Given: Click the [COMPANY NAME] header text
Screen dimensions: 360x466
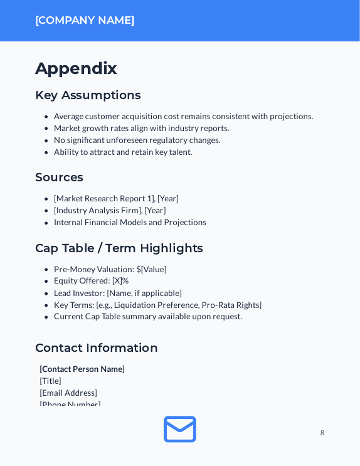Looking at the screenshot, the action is coord(85,20).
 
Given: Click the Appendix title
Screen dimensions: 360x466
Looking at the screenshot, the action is coord(76,68).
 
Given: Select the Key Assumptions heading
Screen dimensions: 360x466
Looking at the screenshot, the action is coord(88,95).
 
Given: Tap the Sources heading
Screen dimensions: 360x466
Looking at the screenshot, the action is coord(59,177).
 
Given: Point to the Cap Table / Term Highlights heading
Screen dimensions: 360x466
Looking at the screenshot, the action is coord(119,248).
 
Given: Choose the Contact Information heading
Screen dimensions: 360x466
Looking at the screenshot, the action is coord(96,348).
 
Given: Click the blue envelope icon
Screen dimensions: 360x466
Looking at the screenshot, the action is coord(180,430).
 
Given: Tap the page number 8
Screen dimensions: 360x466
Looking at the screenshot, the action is coord(322,433).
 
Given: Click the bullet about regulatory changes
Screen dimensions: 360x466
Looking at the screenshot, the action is coord(137,140).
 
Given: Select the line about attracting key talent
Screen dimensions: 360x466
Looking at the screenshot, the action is coord(123,152).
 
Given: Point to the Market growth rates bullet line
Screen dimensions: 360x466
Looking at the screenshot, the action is coord(141,128).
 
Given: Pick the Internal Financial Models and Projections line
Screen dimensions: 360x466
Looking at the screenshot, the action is coord(130,222).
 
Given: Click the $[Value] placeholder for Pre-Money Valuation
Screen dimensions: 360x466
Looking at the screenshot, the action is coord(151,269).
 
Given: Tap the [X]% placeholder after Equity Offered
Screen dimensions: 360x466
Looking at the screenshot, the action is coord(120,280).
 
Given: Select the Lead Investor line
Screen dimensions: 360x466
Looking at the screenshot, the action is coord(118,293).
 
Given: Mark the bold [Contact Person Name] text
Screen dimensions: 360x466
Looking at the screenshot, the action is coord(82,369).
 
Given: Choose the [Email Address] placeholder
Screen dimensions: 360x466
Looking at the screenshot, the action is coord(68,393).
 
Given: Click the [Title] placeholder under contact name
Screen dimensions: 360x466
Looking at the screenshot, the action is coord(51,381).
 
